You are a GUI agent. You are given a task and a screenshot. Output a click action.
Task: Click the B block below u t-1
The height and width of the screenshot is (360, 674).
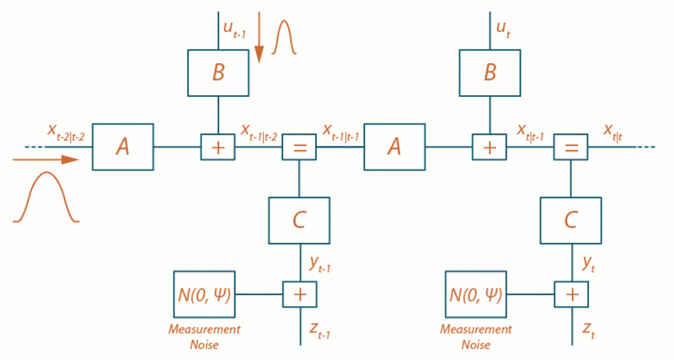(218, 73)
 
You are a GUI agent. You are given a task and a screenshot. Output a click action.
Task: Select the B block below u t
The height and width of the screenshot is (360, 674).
(489, 73)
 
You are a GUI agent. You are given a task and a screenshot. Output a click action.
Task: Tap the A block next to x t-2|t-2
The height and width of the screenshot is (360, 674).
(122, 147)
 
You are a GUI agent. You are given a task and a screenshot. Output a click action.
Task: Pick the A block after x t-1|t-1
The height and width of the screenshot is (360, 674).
(394, 147)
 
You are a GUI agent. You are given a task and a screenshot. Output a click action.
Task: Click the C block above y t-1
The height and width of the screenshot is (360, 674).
(299, 220)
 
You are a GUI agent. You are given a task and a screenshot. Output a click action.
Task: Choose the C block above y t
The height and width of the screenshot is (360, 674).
(571, 220)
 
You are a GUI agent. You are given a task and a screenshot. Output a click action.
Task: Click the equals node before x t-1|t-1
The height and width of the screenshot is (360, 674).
(298, 147)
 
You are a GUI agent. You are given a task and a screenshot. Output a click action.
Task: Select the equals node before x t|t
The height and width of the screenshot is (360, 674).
(570, 147)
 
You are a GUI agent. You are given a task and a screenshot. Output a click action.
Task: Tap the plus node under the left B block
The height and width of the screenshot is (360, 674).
(218, 147)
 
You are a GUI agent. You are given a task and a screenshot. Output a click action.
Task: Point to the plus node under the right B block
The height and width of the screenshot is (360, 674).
(489, 147)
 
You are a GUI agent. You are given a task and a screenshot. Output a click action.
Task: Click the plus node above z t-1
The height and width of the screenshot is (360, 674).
(298, 294)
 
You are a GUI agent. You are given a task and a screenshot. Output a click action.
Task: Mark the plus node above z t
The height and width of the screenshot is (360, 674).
(570, 294)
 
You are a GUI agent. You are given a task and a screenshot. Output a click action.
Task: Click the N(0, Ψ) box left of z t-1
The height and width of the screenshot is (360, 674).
(205, 294)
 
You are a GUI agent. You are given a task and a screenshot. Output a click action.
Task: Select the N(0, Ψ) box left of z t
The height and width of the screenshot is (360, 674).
(477, 294)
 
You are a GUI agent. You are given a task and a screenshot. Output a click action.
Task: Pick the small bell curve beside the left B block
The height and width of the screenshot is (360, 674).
(284, 38)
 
